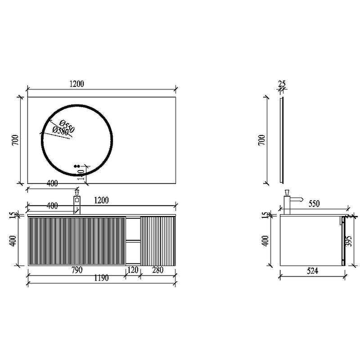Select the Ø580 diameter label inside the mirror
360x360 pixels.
click(x=60, y=131)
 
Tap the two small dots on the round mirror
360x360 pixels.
click(x=76, y=166)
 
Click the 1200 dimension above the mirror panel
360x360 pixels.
click(x=76, y=84)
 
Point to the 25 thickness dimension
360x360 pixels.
click(x=282, y=84)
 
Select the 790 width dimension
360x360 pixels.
click(x=76, y=270)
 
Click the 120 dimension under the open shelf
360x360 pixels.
click(x=133, y=270)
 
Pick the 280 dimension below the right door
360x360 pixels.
click(x=157, y=270)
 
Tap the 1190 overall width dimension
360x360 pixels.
click(x=101, y=279)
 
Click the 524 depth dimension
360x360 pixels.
click(x=312, y=271)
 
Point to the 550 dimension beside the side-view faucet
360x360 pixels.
click(x=314, y=204)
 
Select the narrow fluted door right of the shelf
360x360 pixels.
click(x=158, y=241)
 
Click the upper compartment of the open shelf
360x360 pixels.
click(x=133, y=229)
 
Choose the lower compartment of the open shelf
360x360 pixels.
click(x=133, y=252)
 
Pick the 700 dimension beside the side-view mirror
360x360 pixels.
click(x=262, y=140)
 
